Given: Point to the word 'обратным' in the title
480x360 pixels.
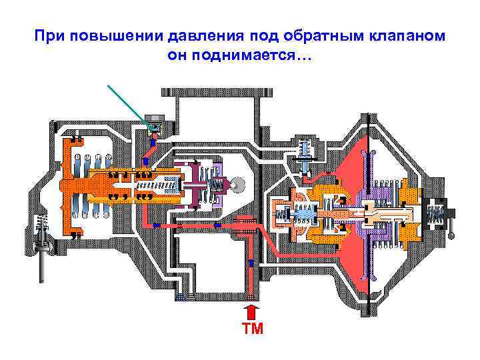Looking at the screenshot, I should click(327, 35).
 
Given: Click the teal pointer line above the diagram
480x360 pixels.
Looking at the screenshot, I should click(127, 103).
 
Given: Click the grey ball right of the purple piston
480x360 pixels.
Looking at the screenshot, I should click(238, 182).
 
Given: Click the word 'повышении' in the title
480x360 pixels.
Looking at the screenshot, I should click(100, 35).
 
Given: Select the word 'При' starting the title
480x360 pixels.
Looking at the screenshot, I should click(47, 35).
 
